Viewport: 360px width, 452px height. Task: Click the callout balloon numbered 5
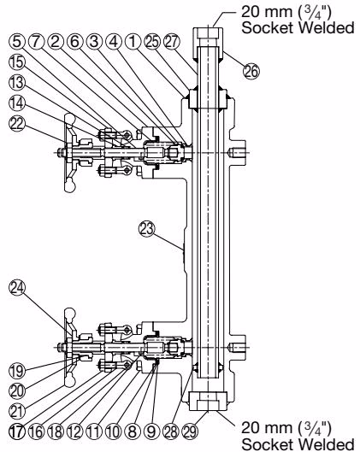(17, 42)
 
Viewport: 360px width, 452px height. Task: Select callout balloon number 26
(251, 71)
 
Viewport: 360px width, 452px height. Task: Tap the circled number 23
(147, 229)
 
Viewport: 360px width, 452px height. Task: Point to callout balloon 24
(17, 288)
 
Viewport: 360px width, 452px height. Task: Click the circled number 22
(17, 124)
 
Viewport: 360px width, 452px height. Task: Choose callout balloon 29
(190, 431)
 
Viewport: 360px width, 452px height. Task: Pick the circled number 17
(17, 431)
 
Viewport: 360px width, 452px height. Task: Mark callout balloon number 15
(17, 62)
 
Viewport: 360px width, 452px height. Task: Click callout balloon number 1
(133, 42)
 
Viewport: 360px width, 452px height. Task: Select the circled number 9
(151, 431)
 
